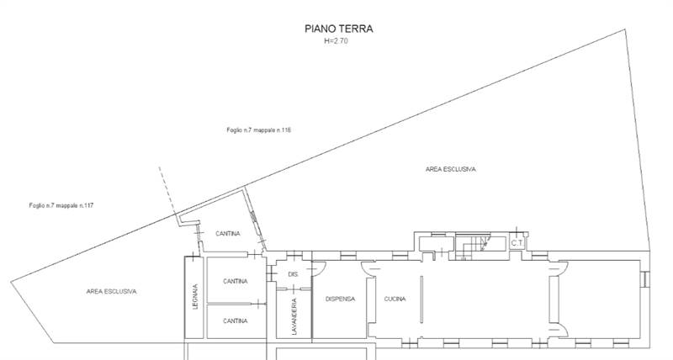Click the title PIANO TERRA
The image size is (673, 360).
click(x=338, y=29)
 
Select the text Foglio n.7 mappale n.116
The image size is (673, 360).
click(x=258, y=130)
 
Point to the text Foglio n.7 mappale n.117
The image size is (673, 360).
click(x=61, y=206)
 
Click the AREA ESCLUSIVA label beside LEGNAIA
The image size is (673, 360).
click(x=111, y=291)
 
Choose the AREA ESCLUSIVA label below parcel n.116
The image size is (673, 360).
click(x=451, y=170)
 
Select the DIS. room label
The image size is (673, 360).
click(x=294, y=275)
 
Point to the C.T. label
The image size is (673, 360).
click(x=517, y=244)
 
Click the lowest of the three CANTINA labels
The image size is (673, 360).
click(x=235, y=320)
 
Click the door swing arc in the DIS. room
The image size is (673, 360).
click(x=319, y=268)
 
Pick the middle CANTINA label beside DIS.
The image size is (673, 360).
click(x=235, y=282)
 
